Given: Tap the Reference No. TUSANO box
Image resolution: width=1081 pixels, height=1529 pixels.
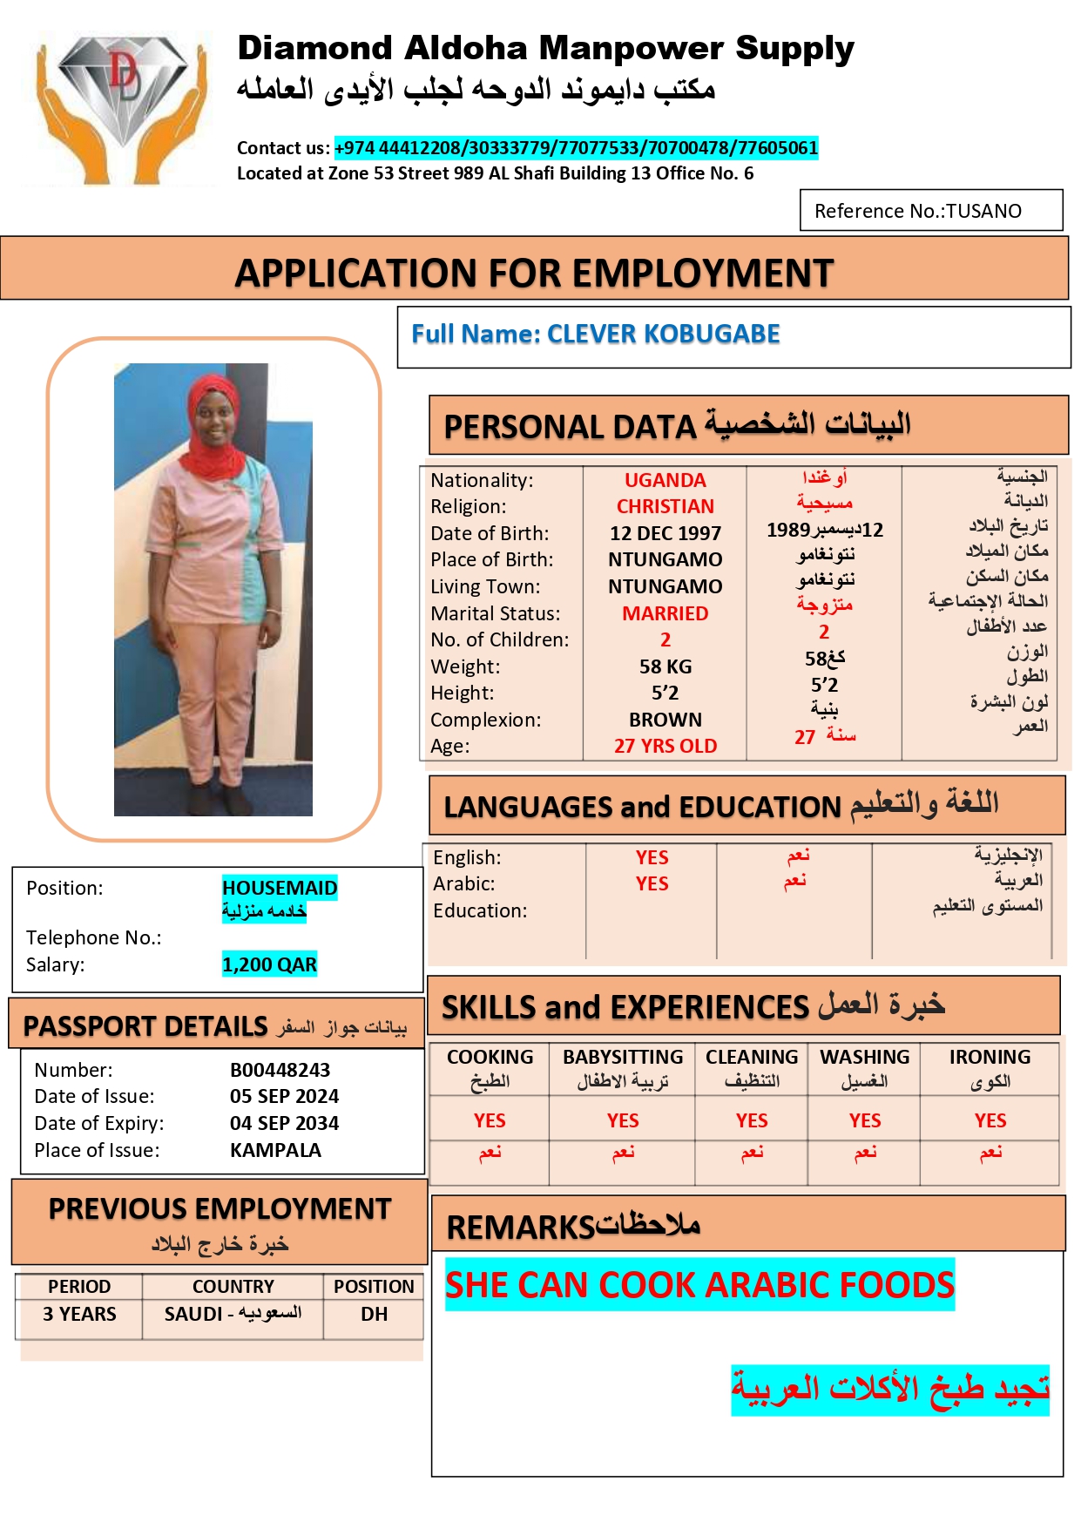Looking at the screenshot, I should click(930, 211).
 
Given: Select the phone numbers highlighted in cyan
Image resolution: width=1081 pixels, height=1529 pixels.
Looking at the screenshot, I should click(576, 148).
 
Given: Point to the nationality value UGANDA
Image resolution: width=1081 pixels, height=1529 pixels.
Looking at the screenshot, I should click(665, 480).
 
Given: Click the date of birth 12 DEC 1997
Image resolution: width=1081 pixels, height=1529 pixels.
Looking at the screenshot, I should click(665, 533).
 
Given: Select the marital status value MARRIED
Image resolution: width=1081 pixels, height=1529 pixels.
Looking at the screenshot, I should click(665, 613).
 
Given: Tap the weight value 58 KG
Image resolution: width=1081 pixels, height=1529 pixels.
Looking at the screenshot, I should click(665, 666).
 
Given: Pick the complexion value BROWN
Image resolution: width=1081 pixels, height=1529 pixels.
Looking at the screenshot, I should click(665, 720).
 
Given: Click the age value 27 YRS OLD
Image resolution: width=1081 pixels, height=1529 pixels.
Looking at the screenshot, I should click(665, 746).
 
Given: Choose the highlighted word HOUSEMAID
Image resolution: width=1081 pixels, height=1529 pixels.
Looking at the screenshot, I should click(279, 888).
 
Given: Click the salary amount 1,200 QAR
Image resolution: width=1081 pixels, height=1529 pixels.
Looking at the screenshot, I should click(269, 964).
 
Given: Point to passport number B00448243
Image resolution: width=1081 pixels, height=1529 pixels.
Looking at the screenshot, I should click(280, 1070).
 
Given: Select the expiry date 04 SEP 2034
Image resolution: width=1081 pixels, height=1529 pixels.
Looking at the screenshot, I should click(284, 1123).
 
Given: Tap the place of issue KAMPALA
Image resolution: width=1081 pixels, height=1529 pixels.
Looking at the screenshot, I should click(275, 1150).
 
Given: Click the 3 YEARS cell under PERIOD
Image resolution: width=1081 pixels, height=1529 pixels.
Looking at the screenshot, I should click(79, 1314).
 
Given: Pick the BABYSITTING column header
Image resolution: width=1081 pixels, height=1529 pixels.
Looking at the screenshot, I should click(622, 1057).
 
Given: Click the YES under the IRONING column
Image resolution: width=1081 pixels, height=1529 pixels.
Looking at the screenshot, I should click(990, 1120).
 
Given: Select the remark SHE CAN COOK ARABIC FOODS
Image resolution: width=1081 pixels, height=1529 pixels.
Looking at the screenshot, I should click(699, 1285).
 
